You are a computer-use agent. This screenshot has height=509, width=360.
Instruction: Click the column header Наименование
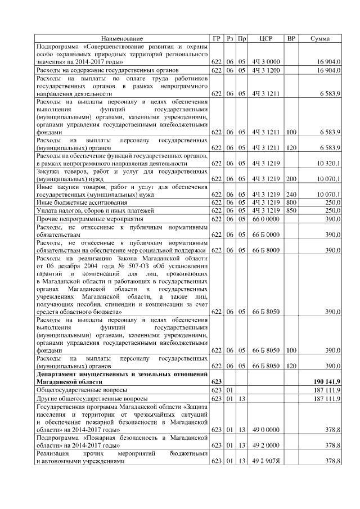click(x=121, y=38)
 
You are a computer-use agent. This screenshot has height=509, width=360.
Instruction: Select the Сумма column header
click(x=320, y=38)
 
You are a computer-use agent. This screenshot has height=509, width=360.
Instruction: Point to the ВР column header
click(x=291, y=38)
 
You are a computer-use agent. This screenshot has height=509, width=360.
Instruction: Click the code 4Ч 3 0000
click(x=265, y=61)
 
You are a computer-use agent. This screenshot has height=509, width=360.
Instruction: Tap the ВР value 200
click(x=291, y=179)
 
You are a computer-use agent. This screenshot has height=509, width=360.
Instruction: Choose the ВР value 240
click(x=291, y=194)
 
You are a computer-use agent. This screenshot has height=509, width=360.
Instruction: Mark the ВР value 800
click(x=291, y=202)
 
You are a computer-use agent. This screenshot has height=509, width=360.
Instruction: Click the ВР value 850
click(x=291, y=210)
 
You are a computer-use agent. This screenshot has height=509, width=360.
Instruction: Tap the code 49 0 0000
click(x=265, y=429)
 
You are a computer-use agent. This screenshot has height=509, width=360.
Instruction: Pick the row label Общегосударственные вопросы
click(x=82, y=389)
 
